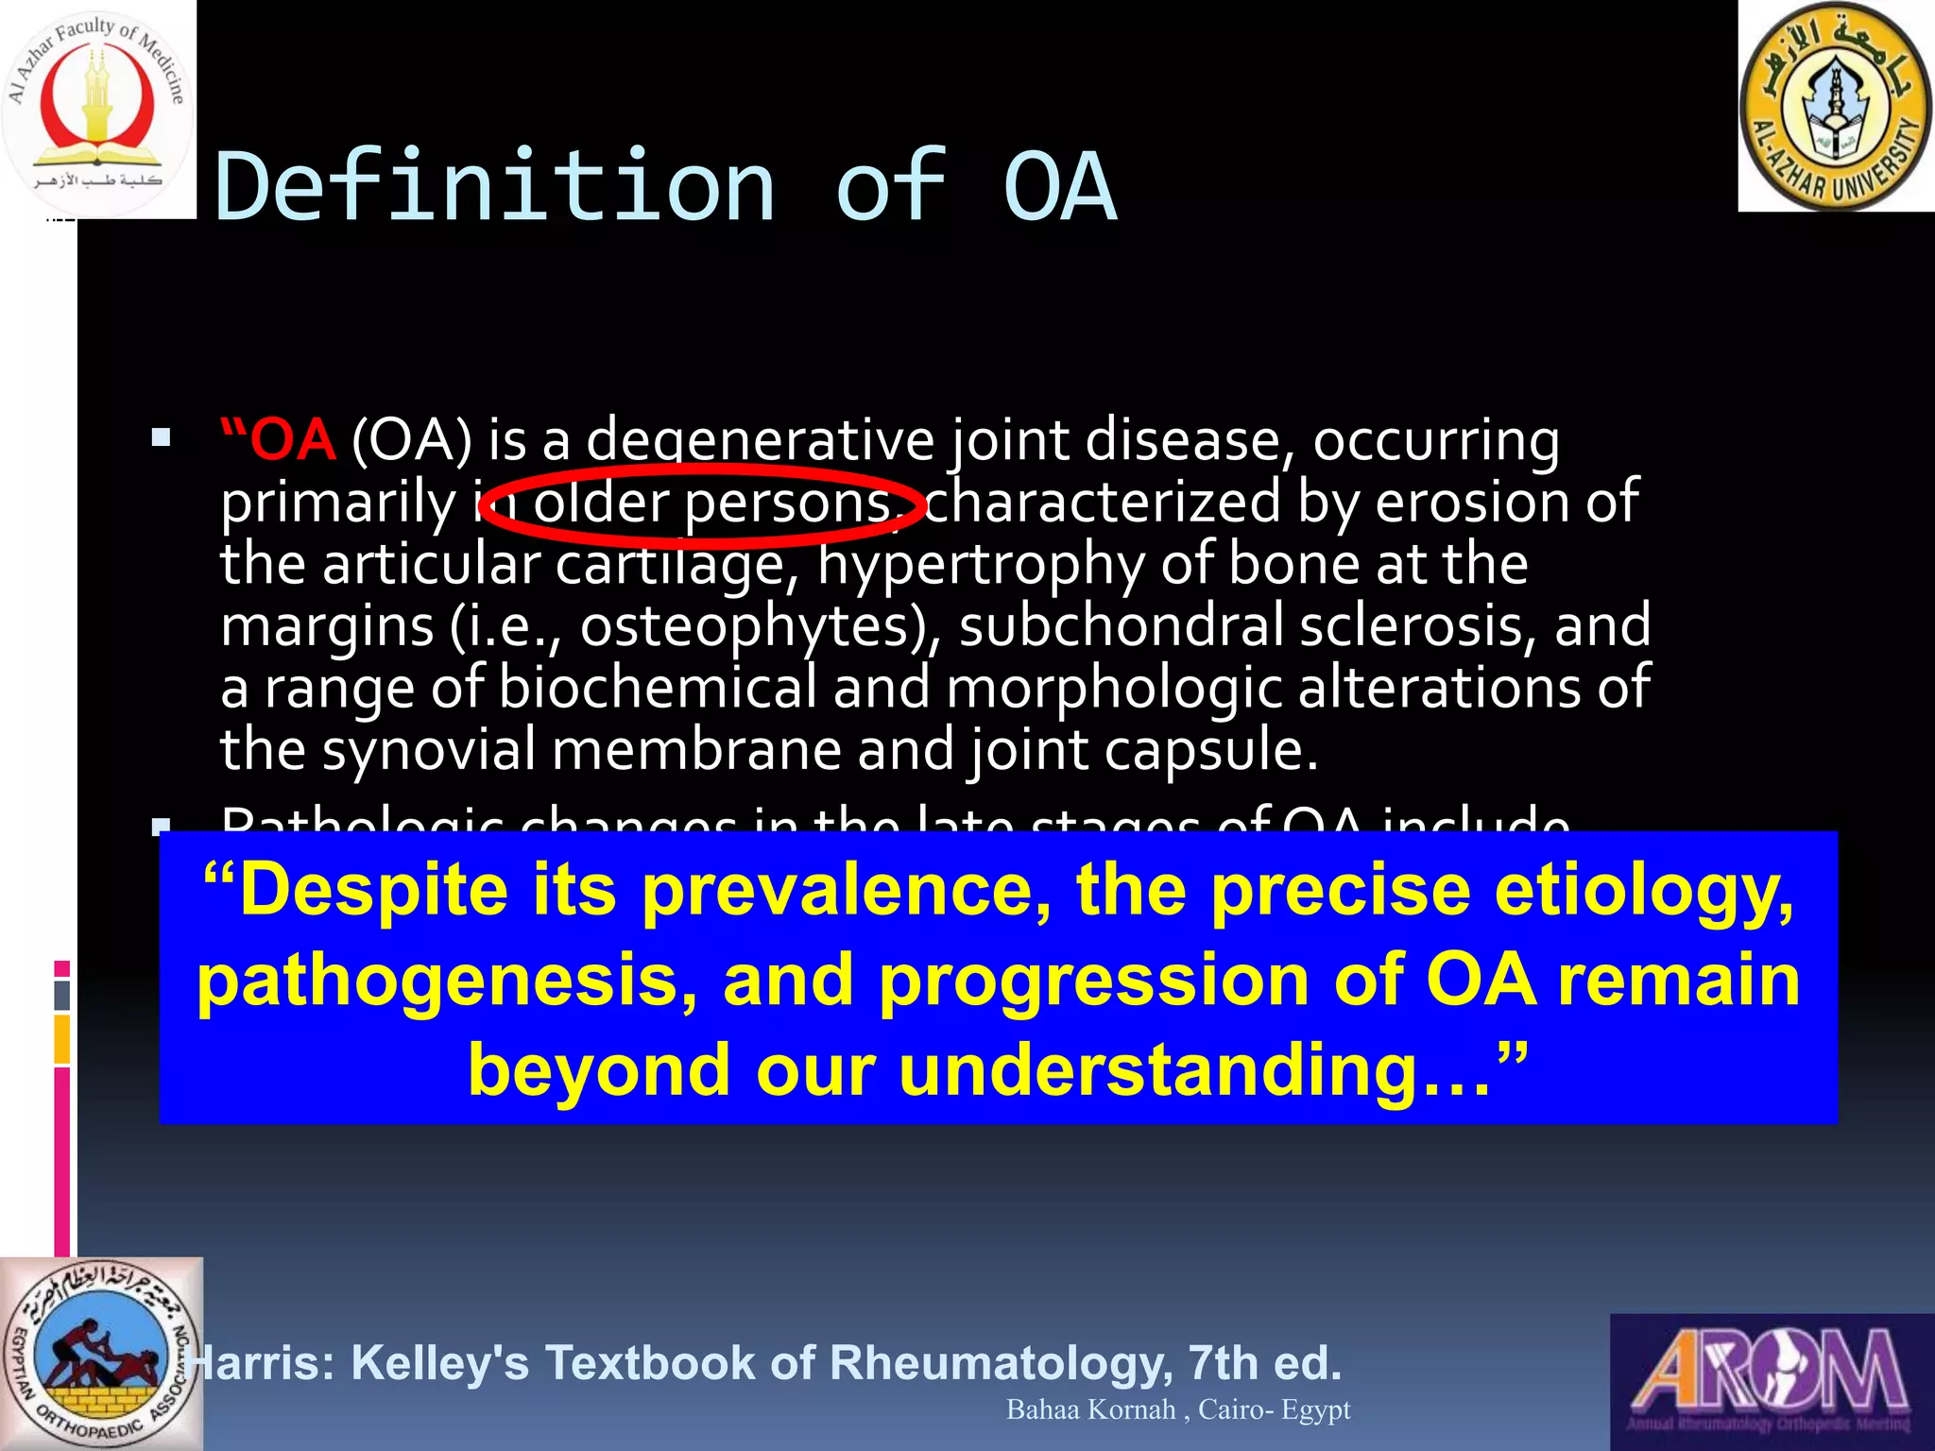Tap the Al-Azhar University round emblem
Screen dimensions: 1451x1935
[x=1835, y=106]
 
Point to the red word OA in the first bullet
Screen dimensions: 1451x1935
[x=293, y=440]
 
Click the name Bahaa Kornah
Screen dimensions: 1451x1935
[x=1090, y=1409]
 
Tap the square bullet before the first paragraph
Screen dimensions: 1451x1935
[x=161, y=437]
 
